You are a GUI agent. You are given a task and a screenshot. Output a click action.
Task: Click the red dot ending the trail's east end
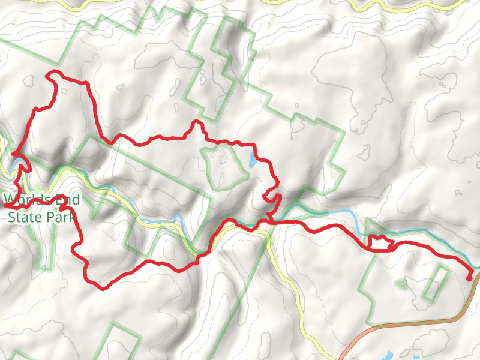(469, 278)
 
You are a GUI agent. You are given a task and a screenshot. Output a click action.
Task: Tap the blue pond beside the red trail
(252, 160)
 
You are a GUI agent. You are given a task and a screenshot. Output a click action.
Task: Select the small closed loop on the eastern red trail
(378, 242)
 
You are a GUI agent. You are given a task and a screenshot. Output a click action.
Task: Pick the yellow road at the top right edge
(420, 5)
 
